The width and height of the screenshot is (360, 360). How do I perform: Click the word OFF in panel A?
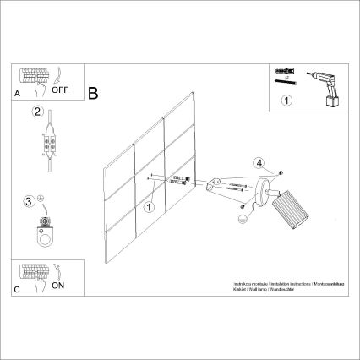[61, 87]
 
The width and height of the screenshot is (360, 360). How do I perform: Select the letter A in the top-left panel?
[17, 96]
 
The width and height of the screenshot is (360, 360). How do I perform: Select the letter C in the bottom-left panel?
[18, 288]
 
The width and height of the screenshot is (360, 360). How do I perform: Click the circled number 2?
[37, 112]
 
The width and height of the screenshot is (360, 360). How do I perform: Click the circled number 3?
[30, 201]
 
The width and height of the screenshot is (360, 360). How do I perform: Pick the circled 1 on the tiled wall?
[148, 205]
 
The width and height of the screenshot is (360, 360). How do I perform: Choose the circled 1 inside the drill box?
[285, 102]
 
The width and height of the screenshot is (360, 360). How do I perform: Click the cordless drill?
[325, 85]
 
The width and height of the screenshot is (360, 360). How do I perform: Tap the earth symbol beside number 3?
[41, 200]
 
